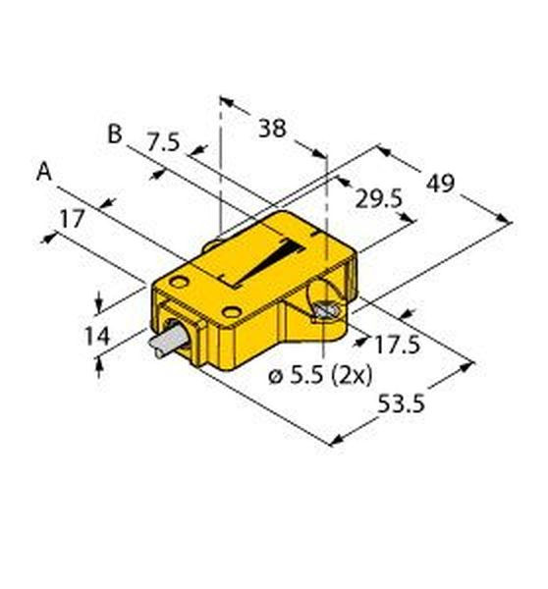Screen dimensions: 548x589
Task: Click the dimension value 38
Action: click(x=272, y=129)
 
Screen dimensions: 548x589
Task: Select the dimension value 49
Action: click(x=441, y=184)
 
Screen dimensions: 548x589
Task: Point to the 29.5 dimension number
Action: click(x=379, y=199)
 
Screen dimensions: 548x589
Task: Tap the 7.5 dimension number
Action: click(x=163, y=142)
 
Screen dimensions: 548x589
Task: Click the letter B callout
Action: click(x=115, y=134)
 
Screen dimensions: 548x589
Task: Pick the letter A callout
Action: click(x=44, y=172)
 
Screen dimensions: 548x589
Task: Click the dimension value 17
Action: click(x=73, y=219)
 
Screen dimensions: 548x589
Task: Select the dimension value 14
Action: click(x=97, y=336)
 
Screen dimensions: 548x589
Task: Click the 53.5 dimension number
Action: click(x=401, y=403)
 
